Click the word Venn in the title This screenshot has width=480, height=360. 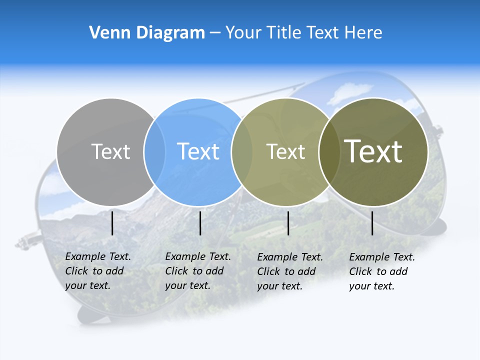(x=105, y=33)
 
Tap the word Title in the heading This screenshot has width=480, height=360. (x=284, y=33)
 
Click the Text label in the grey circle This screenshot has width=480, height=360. (x=110, y=151)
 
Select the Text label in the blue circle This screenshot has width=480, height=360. (x=198, y=151)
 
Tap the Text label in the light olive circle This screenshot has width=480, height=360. (x=285, y=152)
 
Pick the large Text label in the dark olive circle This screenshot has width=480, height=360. (x=373, y=151)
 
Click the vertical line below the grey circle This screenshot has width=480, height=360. (x=112, y=223)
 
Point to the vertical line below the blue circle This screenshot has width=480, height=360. (x=200, y=223)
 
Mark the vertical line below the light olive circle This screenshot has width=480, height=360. (x=288, y=223)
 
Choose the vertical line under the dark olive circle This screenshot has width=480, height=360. (x=372, y=223)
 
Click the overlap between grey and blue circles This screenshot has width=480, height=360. (x=154, y=151)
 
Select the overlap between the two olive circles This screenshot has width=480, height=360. (x=329, y=151)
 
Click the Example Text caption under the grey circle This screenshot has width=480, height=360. (x=98, y=271)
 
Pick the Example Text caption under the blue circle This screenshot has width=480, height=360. (x=198, y=271)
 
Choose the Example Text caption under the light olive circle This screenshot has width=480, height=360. (x=290, y=271)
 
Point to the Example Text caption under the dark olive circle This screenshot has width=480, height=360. (x=382, y=271)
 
